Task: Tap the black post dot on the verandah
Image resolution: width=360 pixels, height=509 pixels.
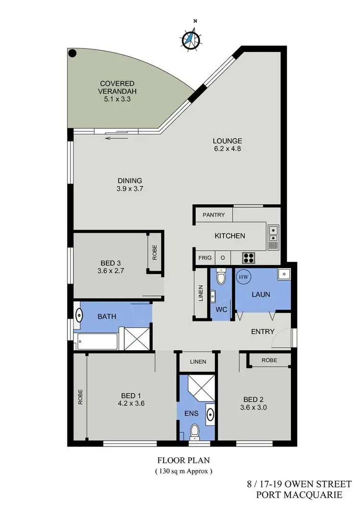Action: pos(72,54)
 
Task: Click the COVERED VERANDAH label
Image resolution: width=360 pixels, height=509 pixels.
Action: pos(117,92)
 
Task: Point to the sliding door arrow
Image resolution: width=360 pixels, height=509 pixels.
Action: pos(117,138)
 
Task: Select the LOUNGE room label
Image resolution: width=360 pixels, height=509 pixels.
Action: pos(227,145)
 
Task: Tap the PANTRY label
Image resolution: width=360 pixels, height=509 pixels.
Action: pos(214,215)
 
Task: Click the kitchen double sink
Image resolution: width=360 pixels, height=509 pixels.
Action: pos(273,233)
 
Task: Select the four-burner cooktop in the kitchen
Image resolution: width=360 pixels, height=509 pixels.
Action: pos(249,257)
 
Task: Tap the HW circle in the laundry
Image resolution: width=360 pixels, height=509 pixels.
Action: pos(242,277)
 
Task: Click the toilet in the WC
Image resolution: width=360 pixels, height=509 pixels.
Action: pos(221,277)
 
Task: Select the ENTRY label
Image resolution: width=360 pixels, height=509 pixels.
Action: pos(263,331)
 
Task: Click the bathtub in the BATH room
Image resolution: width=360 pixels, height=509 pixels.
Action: pos(97,342)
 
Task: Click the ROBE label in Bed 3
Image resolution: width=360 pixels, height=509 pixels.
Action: pos(155,253)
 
